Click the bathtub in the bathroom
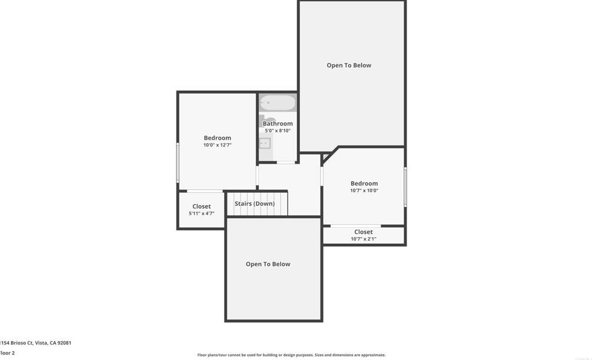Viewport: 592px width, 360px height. click(277, 103)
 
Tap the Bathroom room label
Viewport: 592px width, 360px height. click(278, 124)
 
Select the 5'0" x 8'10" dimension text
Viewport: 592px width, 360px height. click(278, 131)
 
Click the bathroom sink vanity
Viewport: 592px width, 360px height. click(265, 143)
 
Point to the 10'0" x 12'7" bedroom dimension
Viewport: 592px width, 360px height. click(217, 145)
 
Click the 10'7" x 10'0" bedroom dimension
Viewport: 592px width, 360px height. click(364, 191)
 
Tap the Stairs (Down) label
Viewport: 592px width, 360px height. click(255, 204)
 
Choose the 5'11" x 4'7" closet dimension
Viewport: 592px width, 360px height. click(201, 214)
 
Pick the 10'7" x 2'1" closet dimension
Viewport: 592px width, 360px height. click(363, 239)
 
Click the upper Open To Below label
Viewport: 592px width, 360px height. click(349, 65)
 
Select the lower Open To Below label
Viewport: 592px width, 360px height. click(268, 265)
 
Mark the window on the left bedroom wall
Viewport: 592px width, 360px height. click(178, 162)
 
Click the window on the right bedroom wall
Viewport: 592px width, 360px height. click(405, 187)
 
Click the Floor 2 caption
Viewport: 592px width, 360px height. click(7, 353)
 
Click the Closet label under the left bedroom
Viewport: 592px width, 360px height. click(201, 206)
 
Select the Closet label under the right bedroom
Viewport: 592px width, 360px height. click(363, 232)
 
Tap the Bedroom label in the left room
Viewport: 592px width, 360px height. click(217, 138)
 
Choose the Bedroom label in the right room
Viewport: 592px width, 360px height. click(364, 184)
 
